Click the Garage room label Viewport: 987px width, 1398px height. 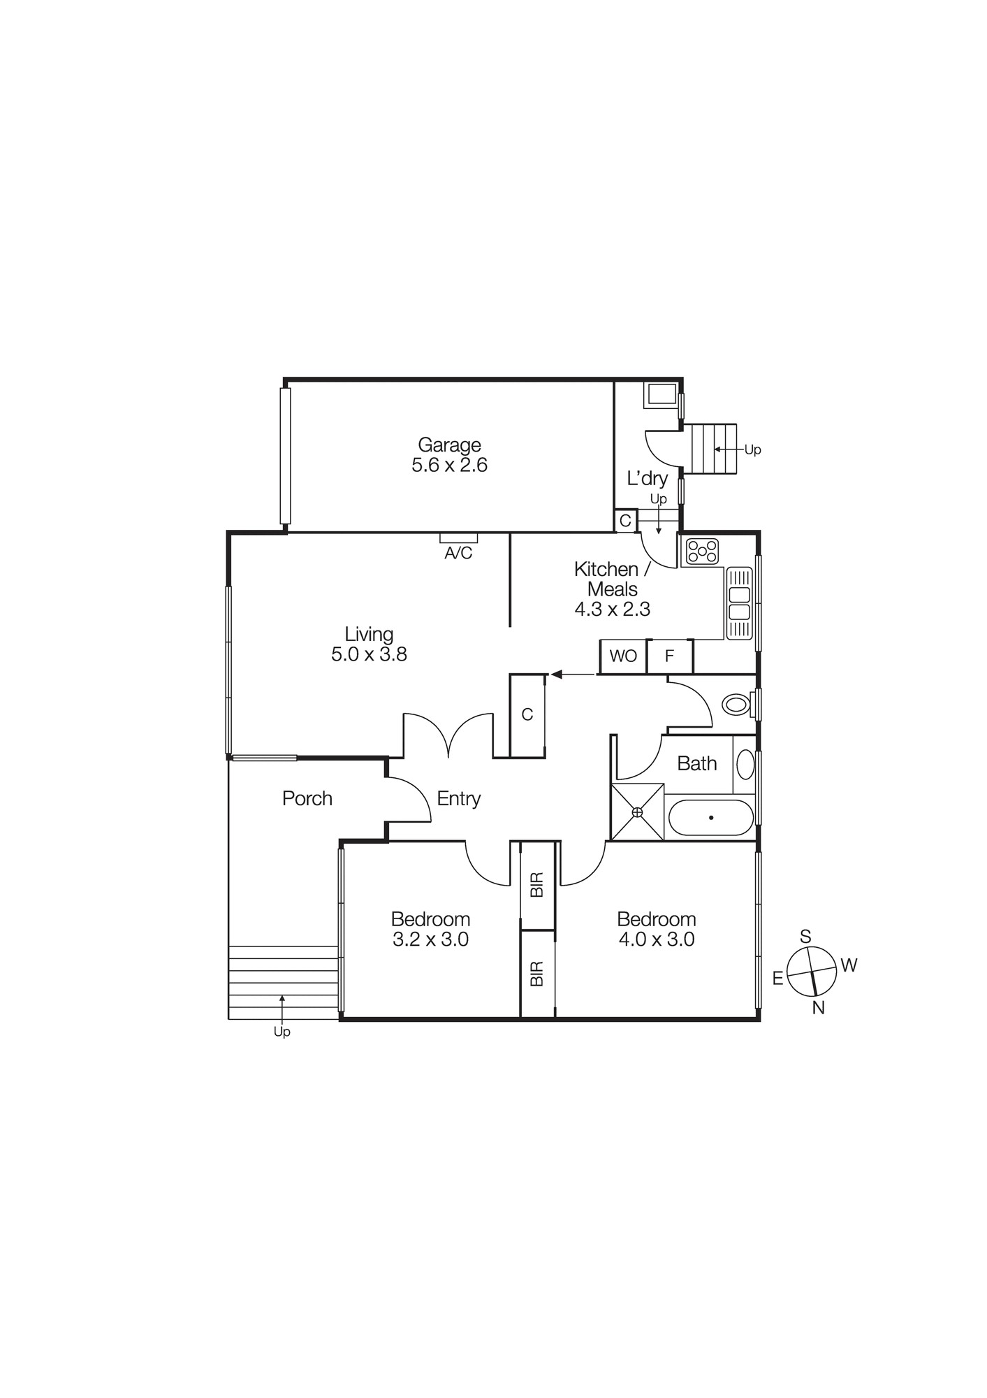pos(449,445)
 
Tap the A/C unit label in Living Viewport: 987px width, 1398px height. pos(458,553)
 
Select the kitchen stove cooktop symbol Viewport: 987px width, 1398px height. pos(702,551)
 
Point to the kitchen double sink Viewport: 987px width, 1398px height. pos(739,603)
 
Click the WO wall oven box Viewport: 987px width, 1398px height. pos(623,656)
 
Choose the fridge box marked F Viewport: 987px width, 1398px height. pos(669,656)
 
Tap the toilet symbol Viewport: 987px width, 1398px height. pos(736,704)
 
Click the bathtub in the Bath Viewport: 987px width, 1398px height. pos(711,817)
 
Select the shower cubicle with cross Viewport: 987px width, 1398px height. pos(637,812)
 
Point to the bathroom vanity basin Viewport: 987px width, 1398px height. pos(745,764)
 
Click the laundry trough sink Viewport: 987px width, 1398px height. pos(660,395)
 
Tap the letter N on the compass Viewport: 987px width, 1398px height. pos(819,1007)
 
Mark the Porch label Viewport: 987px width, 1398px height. pos(307,798)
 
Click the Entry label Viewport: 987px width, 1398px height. pos(459,798)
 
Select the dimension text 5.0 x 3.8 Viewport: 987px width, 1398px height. pos(369,654)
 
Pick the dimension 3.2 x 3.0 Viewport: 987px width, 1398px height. pos(430,939)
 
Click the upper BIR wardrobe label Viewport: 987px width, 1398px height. pos(536,885)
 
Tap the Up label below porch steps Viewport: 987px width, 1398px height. pos(282,1032)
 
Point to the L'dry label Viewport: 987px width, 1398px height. pos(647,479)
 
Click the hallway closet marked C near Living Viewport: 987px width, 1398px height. pos(527,714)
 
